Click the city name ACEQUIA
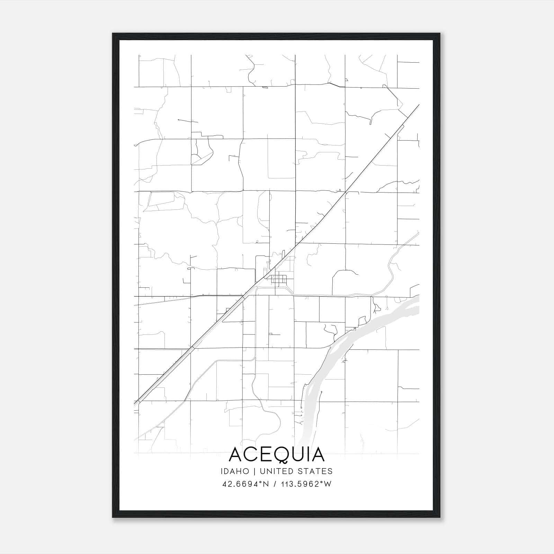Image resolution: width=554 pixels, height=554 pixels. (x=277, y=455)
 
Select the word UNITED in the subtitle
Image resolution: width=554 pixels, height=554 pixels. (x=276, y=471)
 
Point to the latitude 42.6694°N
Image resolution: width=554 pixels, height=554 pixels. (x=245, y=484)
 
